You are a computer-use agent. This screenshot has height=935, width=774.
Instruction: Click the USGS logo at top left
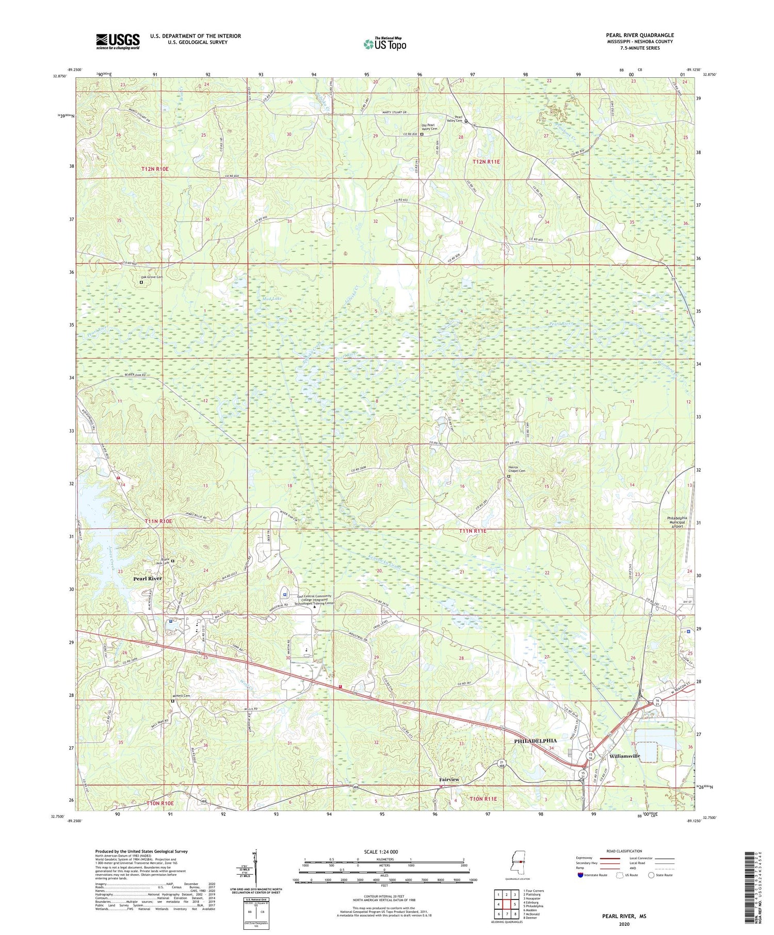tap(118, 41)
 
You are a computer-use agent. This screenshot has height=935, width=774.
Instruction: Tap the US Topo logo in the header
tap(384, 44)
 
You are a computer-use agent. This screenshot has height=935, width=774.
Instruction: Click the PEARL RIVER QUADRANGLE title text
tap(640, 35)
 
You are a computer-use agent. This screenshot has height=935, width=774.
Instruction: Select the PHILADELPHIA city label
tap(535, 741)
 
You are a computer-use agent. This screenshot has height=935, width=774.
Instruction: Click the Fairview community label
tap(449, 779)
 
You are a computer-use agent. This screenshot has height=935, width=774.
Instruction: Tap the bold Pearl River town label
tap(148, 579)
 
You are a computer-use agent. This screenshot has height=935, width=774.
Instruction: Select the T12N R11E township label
tap(486, 162)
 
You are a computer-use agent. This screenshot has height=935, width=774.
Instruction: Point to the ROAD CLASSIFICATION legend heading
tap(624, 851)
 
